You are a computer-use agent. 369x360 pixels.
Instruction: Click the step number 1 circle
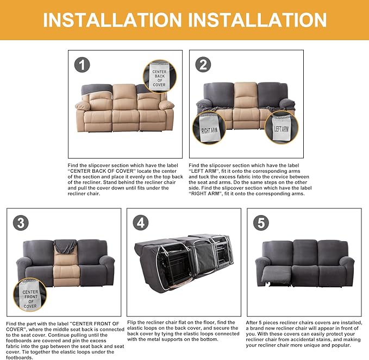point(82,65)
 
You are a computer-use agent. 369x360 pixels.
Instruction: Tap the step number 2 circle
point(203,65)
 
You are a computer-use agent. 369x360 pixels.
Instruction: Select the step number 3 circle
point(21,223)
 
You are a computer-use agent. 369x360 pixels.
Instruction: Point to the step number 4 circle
point(141,223)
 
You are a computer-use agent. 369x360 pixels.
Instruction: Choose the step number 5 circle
point(261,223)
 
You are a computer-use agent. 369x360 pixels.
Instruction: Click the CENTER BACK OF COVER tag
point(159,77)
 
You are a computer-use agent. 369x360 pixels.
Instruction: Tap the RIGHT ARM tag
point(209,128)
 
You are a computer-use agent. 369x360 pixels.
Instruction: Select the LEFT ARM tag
point(281,128)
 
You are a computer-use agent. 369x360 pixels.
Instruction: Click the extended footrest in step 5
point(277,275)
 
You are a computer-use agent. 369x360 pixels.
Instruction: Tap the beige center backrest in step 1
point(124,97)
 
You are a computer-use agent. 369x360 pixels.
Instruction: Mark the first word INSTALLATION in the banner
point(112,20)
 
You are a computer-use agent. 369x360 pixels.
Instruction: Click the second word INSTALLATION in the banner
point(258,20)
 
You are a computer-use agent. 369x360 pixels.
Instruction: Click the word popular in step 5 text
point(341,345)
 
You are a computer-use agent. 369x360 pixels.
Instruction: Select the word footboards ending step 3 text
point(20,358)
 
